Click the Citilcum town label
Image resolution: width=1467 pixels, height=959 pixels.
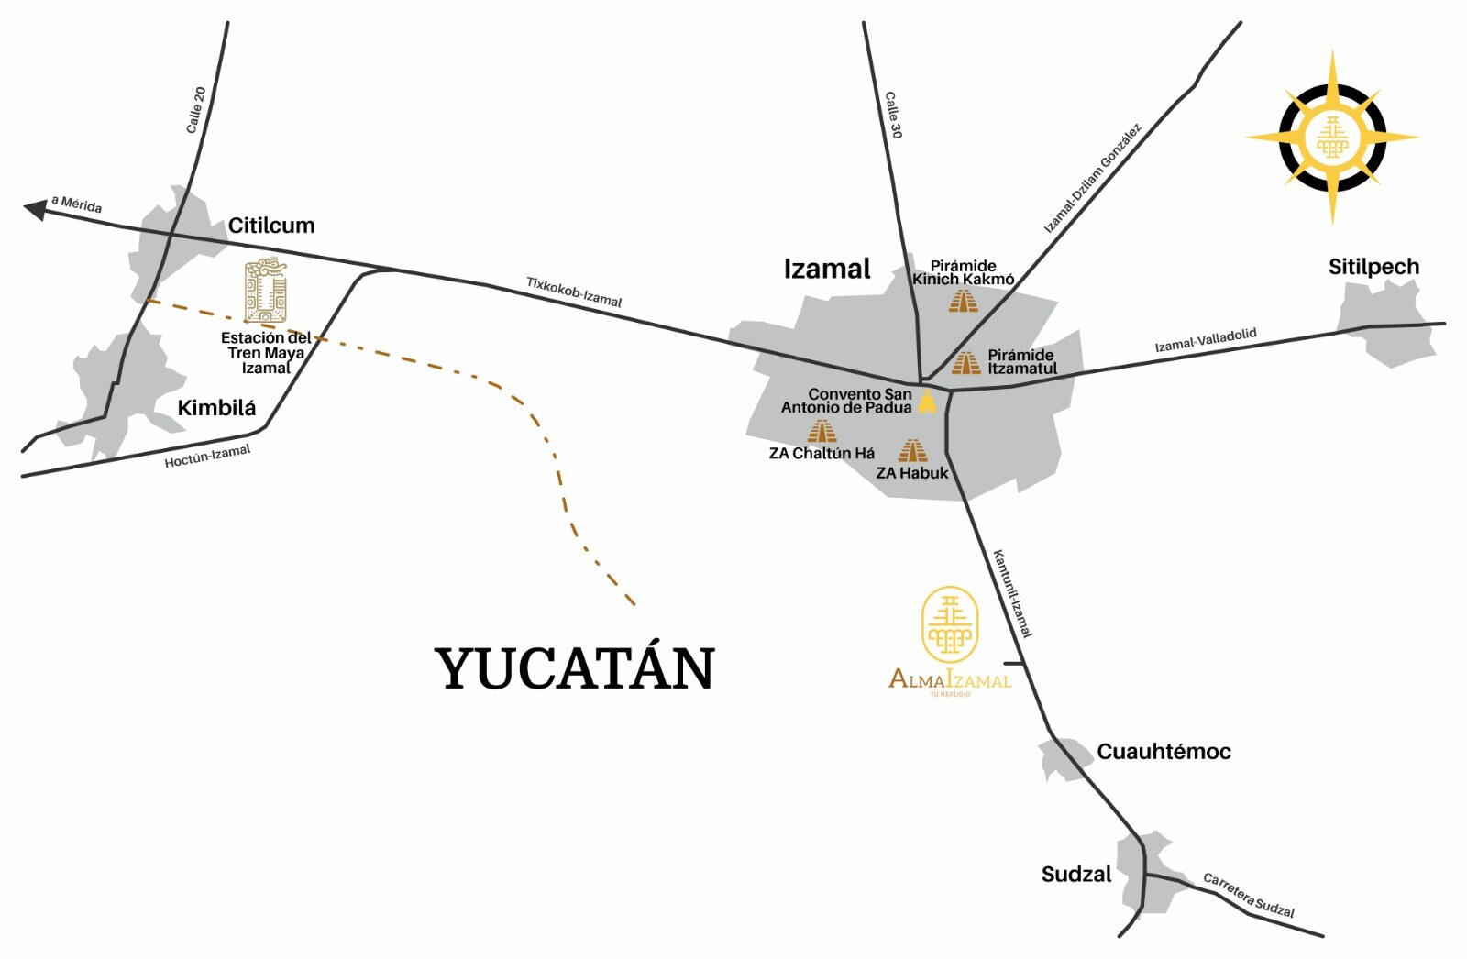(x=270, y=226)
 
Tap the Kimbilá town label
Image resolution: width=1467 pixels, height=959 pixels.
(x=216, y=408)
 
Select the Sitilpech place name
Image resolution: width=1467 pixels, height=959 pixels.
(x=1373, y=267)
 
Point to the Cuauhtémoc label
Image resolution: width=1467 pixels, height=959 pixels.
(x=1164, y=752)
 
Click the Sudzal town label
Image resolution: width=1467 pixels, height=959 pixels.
(x=1075, y=875)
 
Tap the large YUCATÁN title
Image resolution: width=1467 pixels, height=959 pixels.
(x=574, y=668)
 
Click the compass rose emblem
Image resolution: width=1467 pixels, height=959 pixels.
(x=1332, y=138)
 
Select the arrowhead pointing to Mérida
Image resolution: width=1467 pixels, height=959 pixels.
(x=35, y=210)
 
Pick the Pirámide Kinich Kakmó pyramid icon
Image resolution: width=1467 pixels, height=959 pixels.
(x=963, y=301)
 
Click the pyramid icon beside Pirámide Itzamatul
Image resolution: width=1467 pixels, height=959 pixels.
(x=965, y=363)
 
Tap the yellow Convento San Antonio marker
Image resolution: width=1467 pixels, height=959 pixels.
(x=928, y=402)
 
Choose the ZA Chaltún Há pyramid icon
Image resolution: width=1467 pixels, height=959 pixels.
(x=822, y=431)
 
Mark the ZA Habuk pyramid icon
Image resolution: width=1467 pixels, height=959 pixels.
(x=912, y=450)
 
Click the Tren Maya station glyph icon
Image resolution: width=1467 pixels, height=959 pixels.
(x=265, y=292)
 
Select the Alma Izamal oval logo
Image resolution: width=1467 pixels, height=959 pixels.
(x=950, y=624)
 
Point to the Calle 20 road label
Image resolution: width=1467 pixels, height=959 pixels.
(x=196, y=110)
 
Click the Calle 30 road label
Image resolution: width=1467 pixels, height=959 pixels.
(x=893, y=115)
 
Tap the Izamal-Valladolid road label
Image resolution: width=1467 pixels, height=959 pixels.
(x=1205, y=340)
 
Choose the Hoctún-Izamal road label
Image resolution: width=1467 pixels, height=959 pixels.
(x=207, y=456)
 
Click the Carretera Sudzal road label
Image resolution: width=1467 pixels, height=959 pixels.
(x=1248, y=895)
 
